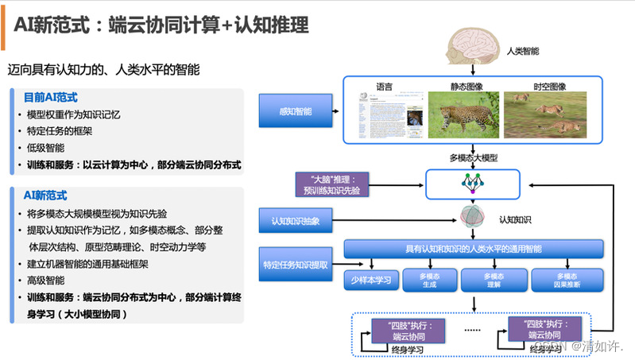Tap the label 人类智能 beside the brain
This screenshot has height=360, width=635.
[522, 51]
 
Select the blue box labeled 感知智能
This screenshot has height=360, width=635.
[295, 111]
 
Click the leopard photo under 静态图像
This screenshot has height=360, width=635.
[460, 114]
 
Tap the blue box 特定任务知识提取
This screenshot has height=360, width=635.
[295, 264]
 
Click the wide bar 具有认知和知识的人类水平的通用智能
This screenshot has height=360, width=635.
[474, 249]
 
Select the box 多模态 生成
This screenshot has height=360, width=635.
[430, 280]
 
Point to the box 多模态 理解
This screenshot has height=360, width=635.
[494, 280]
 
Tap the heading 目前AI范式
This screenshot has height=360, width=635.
[51, 97]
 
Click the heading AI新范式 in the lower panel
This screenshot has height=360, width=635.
[45, 195]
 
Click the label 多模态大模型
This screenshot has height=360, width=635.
[474, 157]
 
